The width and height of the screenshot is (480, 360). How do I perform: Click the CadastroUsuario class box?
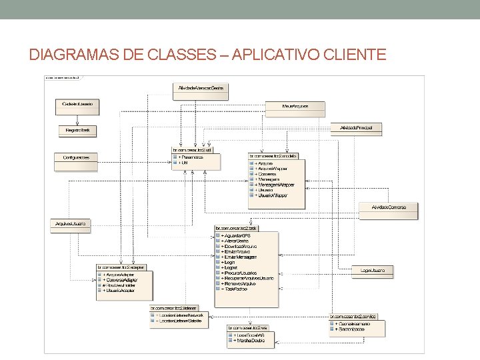click(x=77, y=105)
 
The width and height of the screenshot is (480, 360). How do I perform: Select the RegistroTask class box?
click(x=77, y=130)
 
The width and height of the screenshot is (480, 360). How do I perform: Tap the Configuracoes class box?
click(x=76, y=158)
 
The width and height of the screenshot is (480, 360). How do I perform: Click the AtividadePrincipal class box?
click(x=357, y=127)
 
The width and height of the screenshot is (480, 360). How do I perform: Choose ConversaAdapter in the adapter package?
click(x=121, y=280)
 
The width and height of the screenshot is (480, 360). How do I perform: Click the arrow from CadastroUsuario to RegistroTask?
click(x=77, y=119)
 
